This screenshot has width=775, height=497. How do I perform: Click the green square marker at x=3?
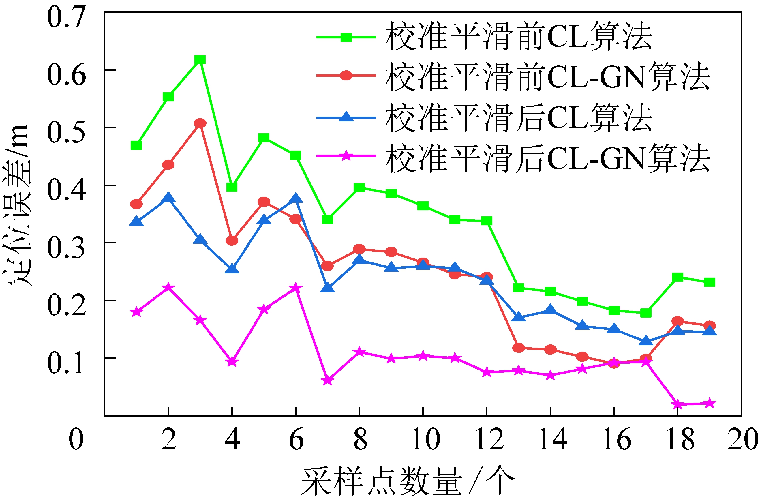coord(200,60)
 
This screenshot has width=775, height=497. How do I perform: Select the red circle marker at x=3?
coord(200,123)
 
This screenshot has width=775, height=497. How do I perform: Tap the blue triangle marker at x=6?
coord(296,198)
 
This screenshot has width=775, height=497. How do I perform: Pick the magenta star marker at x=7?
coord(327,380)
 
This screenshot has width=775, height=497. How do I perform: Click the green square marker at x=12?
coord(487,221)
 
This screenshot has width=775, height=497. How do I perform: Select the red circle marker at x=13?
coord(519,348)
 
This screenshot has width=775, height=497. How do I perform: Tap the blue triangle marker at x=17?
coord(645,341)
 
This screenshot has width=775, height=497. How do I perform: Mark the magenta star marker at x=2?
coord(168,287)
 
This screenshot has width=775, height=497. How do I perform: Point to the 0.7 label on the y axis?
coord(66,18)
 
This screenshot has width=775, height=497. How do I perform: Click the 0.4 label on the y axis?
coord(66,190)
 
